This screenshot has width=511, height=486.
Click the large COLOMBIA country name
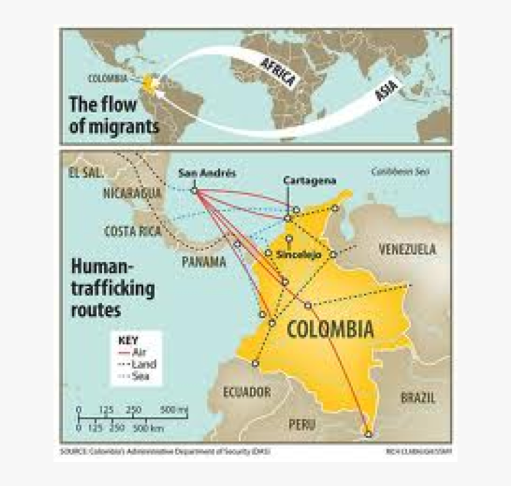(330, 329)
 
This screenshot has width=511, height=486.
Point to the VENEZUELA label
(407, 250)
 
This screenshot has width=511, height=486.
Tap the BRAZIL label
(417, 397)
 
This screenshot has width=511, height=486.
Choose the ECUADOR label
(247, 392)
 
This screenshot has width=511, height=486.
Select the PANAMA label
(204, 262)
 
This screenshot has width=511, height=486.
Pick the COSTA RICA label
(133, 231)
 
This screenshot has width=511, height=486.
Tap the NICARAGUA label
(132, 193)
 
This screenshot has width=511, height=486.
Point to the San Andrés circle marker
(194, 190)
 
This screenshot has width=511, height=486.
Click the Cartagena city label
(310, 180)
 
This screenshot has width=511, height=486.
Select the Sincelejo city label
(298, 254)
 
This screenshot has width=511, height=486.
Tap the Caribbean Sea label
(400, 172)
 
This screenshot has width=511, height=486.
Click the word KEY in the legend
(128, 340)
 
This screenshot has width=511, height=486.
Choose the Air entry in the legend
(138, 351)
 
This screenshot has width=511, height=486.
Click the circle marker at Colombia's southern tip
(368, 434)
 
